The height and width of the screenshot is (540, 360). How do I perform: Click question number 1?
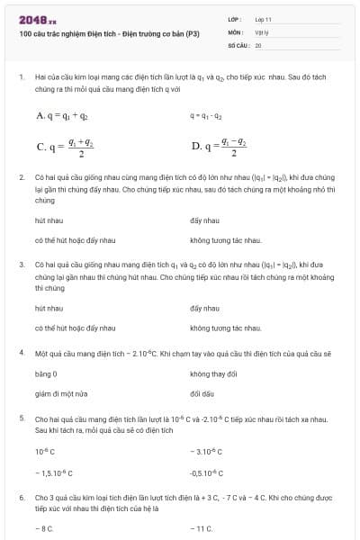pos(21,78)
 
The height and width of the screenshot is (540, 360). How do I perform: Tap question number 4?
pos(21,353)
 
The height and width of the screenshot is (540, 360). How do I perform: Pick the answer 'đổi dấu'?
pos(202,393)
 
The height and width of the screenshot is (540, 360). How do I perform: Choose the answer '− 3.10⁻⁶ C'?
pos(207,451)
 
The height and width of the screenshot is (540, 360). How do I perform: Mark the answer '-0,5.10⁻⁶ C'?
pos(208,472)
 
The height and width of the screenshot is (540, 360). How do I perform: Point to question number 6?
pos(21,497)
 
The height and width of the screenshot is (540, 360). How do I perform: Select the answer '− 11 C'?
pos(202,528)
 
